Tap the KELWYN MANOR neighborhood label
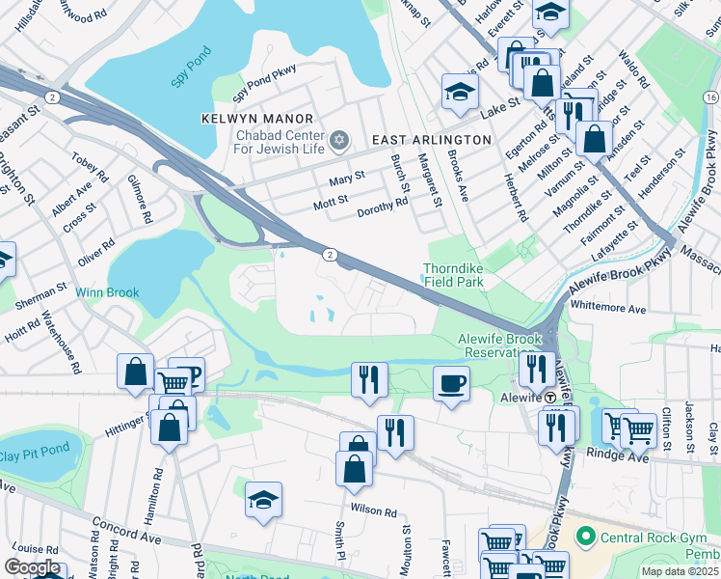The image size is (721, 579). (x=246, y=119)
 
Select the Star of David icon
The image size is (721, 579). (x=337, y=142)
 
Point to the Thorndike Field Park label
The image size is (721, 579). (x=453, y=275)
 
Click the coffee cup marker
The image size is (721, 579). (x=451, y=383)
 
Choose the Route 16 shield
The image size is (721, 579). (x=710, y=97)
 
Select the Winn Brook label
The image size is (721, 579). (x=109, y=292)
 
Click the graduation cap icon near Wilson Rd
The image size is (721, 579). (x=263, y=499)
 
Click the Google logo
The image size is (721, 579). (x=32, y=568)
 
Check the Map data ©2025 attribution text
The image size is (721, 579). (x=680, y=571)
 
